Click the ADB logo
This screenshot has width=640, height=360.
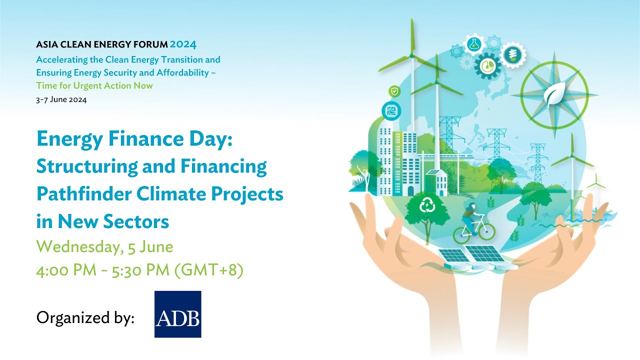(177, 314)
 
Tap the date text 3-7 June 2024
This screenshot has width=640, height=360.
(61, 99)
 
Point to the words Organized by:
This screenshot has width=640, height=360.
(85, 318)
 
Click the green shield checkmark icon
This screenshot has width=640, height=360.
(394, 91)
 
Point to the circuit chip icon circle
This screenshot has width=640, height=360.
(391, 110)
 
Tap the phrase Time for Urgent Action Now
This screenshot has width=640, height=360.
(94, 85)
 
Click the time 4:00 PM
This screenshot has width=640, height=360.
(67, 270)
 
